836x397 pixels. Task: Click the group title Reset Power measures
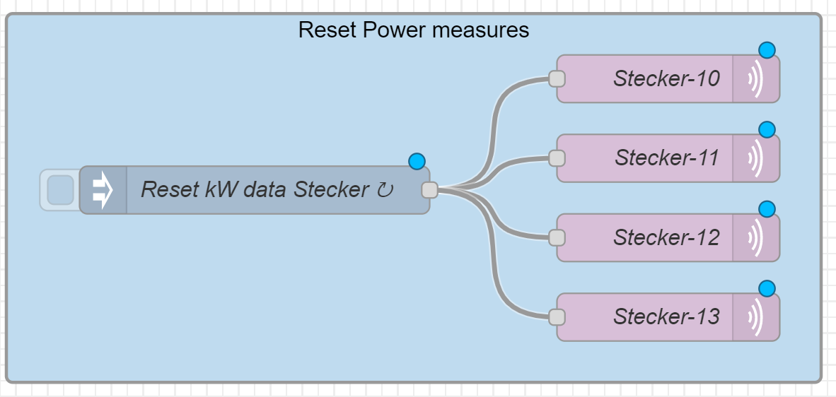[x=413, y=30]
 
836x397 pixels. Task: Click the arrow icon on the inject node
[x=103, y=190]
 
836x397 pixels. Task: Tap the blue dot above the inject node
[x=417, y=161]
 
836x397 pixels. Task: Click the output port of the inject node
[x=429, y=190]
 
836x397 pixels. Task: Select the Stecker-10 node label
[x=666, y=78]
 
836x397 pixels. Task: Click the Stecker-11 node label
[x=666, y=158]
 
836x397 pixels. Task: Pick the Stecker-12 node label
[x=666, y=237]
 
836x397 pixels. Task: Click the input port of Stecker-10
[x=557, y=78]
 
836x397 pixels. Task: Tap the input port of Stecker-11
[x=557, y=158]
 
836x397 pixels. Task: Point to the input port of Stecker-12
[x=557, y=237]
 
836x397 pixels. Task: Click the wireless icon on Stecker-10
[x=756, y=78]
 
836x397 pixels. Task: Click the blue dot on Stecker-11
[x=767, y=129]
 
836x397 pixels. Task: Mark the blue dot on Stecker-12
[x=767, y=209]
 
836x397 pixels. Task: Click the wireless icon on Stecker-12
[x=756, y=237]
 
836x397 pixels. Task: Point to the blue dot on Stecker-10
[x=767, y=49]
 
